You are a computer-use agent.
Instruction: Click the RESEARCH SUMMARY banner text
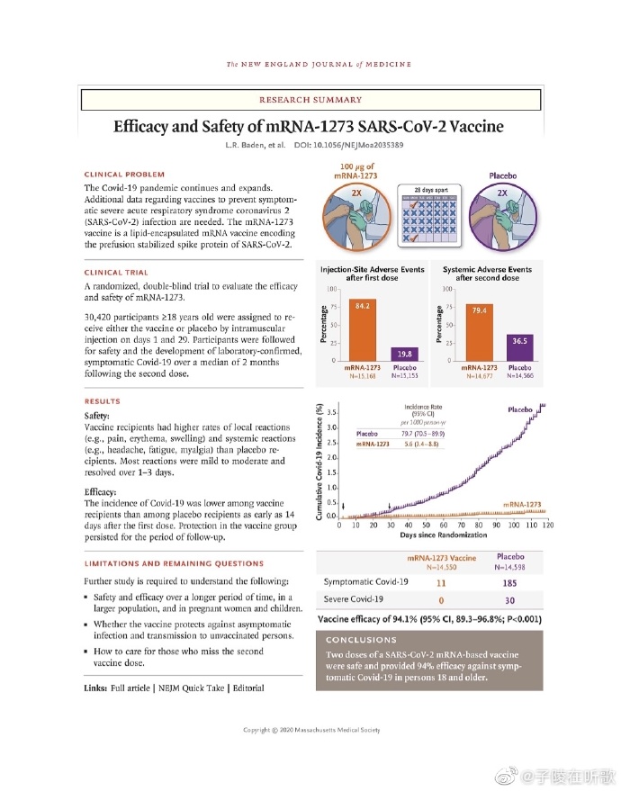310,100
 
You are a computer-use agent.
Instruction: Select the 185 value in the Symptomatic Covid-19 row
510,583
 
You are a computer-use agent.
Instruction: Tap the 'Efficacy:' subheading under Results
101,493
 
